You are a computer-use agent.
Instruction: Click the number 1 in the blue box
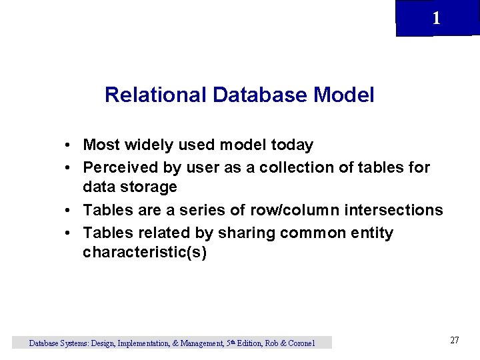[436, 19]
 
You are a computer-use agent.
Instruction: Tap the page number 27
[455, 341]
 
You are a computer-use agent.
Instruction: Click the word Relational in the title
[156, 95]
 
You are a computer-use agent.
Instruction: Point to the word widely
[155, 144]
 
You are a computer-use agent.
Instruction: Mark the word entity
[372, 233]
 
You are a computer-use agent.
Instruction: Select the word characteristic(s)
[145, 253]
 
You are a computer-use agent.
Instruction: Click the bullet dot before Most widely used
[69, 145]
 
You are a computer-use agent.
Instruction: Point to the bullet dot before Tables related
[69, 234]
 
